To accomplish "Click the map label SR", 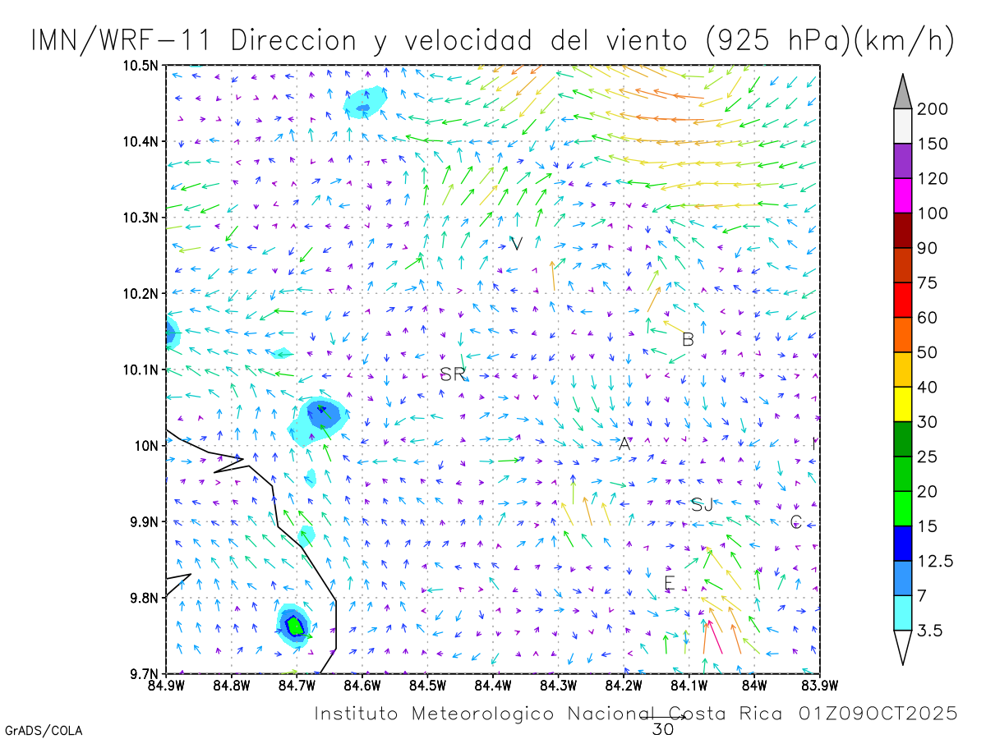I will (453, 374).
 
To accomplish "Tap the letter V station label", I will (517, 244).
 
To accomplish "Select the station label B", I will (688, 339).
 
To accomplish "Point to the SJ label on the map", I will (702, 505).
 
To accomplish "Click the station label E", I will (669, 584).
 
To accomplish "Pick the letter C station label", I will (795, 521).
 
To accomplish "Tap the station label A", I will (624, 444).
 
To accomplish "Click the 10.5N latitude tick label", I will (141, 66).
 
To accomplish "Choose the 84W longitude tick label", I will (754, 684).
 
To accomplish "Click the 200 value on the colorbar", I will (933, 109).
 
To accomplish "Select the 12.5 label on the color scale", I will (935, 561).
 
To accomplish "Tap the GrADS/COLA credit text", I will (43, 730).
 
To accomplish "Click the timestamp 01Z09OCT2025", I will (878, 714).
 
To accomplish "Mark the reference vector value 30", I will (662, 728).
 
